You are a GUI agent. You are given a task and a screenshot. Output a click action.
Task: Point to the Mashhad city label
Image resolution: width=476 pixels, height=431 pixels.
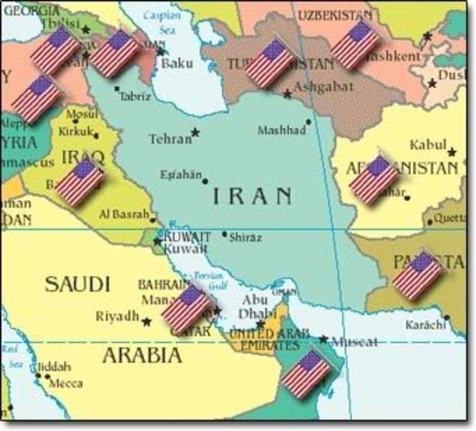tap(282, 131)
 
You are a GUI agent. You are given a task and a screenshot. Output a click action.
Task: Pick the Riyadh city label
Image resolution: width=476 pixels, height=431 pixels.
tap(117, 317)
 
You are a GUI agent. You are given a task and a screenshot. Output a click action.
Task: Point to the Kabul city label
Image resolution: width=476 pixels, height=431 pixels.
tap(427, 144)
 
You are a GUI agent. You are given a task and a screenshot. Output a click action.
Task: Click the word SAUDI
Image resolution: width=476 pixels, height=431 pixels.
tap(77, 285)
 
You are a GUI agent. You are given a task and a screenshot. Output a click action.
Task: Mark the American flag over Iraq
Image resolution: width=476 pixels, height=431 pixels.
tap(81, 182)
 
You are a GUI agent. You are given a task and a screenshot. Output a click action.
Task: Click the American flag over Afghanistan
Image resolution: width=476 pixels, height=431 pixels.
tap(374, 180)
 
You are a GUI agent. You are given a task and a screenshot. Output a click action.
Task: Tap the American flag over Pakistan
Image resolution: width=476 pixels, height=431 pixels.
tap(418, 275)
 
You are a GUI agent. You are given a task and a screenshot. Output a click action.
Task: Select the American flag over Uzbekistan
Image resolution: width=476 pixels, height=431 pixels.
tap(356, 45)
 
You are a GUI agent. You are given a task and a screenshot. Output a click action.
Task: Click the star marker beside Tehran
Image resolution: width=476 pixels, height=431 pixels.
tap(195, 133)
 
